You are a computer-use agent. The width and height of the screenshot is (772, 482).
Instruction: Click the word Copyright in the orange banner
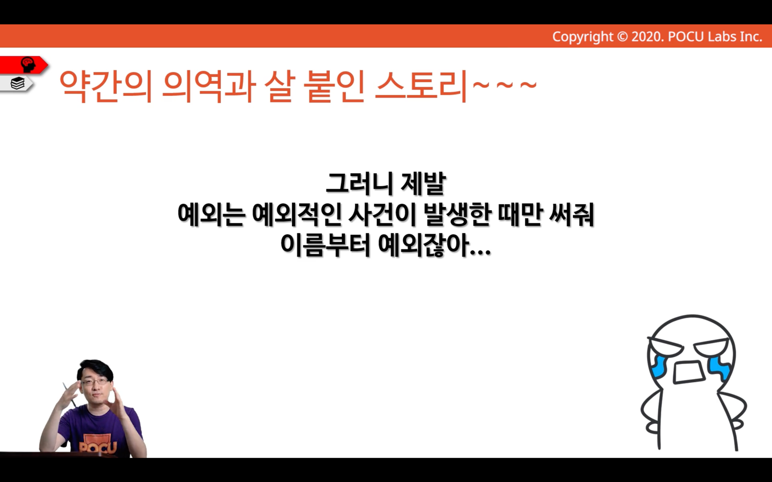(x=583, y=37)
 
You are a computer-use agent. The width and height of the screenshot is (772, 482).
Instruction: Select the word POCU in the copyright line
(x=686, y=37)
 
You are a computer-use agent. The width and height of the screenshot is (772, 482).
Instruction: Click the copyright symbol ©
(x=622, y=37)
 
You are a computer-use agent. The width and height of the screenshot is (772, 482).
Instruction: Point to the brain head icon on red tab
(x=28, y=65)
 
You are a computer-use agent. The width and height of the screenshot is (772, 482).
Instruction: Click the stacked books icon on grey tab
(x=18, y=83)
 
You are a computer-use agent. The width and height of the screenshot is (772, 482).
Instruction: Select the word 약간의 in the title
(x=106, y=86)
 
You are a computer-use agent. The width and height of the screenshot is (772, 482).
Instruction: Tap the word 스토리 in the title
(x=421, y=86)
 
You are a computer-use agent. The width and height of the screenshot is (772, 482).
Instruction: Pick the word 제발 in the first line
(x=423, y=184)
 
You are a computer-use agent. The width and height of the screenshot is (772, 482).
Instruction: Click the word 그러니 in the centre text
(x=359, y=184)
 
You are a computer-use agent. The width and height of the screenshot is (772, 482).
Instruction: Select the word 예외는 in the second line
(x=211, y=215)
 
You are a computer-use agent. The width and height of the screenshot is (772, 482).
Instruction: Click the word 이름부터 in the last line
(x=325, y=245)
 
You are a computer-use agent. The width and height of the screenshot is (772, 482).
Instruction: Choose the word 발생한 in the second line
(x=457, y=215)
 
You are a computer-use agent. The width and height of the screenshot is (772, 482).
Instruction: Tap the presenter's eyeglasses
(x=94, y=382)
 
